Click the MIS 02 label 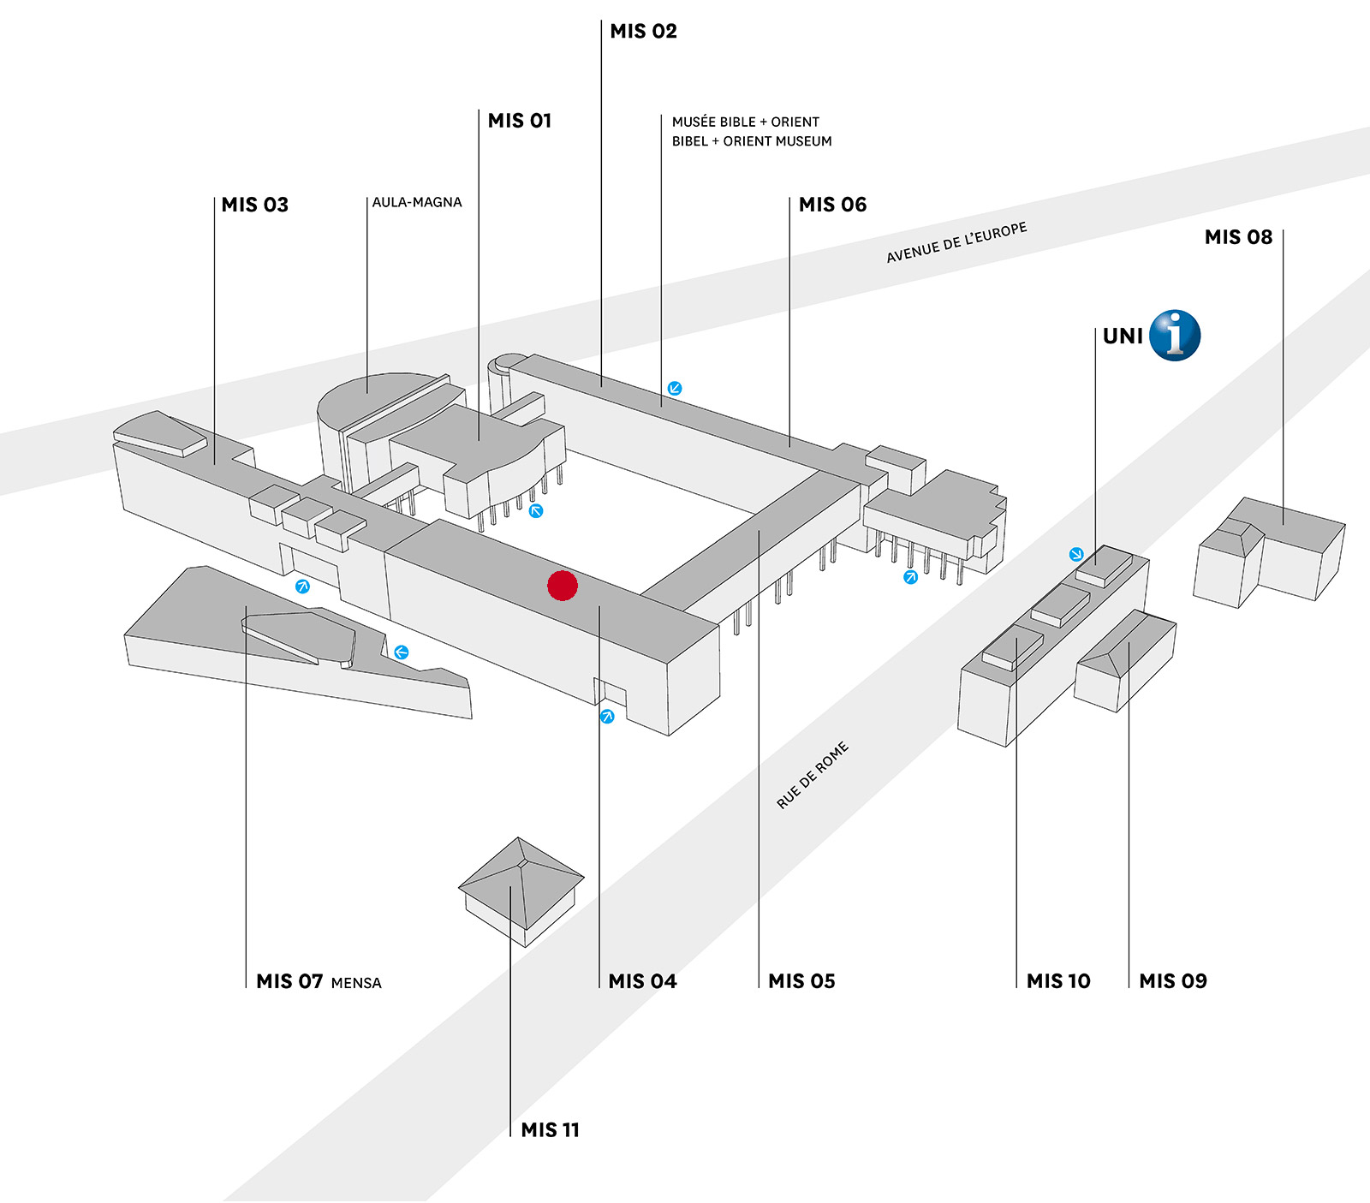point(643,32)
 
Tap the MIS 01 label point(520,121)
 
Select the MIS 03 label point(255,205)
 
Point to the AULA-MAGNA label point(417,202)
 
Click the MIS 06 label point(833,205)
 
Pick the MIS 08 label point(1238,237)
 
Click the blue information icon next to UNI point(1175,336)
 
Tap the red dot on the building point(563,586)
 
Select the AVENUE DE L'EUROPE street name point(956,243)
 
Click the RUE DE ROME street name point(813,775)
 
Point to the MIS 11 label point(551,1130)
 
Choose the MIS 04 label point(642,981)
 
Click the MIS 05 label point(801,981)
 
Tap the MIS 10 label point(1058,981)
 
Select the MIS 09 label point(1173,981)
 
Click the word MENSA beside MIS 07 point(356,983)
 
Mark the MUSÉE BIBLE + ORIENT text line point(746,122)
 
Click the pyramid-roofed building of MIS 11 point(521,891)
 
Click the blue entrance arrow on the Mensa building point(401,652)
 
